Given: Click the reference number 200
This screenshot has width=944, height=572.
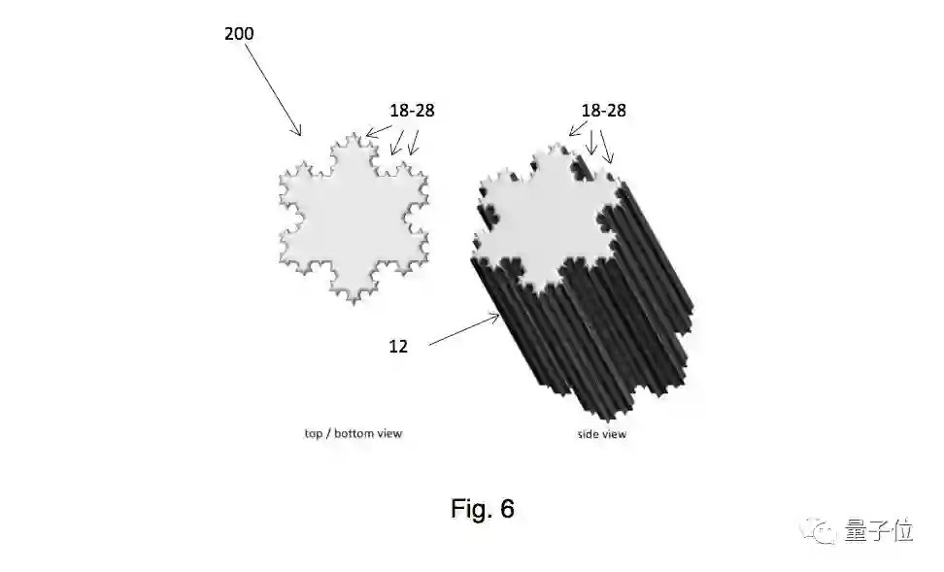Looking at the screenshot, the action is point(239,33).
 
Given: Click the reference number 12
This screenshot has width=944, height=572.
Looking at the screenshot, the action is point(398,347).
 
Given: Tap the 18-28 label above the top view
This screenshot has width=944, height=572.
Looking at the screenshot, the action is point(412,111).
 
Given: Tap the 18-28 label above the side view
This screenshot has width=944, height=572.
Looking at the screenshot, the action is point(603,111).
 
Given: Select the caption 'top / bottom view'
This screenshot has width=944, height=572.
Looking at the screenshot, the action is point(353,433).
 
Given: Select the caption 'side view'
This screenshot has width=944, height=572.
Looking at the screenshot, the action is point(602,434).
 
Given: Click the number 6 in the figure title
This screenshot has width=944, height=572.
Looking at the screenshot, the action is point(507,508).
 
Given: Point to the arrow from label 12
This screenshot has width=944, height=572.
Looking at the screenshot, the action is point(464,330).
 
